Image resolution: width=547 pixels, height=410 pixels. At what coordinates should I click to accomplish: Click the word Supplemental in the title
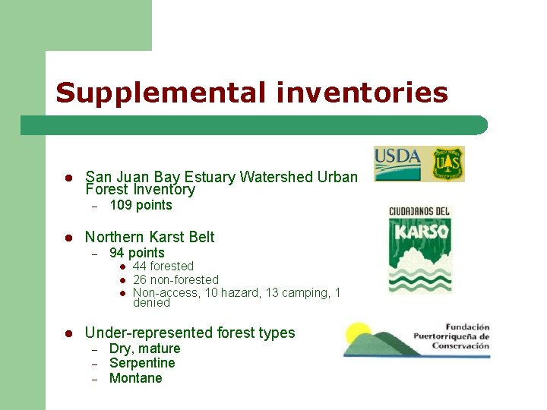coord(159,93)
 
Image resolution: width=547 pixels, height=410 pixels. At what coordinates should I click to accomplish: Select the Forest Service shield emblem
coord(448,164)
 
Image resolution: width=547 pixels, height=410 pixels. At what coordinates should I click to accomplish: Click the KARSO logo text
coord(419,231)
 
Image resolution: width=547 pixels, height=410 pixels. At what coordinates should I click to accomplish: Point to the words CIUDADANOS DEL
coord(419,210)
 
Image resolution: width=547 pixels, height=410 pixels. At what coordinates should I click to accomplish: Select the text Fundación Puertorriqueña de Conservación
coord(451,336)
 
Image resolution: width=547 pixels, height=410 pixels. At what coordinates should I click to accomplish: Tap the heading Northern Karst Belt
coord(150,237)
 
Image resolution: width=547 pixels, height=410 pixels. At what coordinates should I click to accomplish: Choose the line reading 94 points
coord(137,253)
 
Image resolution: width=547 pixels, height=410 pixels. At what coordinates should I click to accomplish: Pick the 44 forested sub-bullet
coord(163,266)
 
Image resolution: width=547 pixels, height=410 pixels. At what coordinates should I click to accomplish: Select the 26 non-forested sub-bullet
coord(175,280)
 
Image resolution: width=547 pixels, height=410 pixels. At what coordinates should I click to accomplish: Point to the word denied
coord(151,303)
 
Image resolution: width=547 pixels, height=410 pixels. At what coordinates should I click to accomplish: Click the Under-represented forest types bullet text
coord(190,333)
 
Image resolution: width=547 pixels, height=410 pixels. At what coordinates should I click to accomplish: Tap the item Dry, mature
coord(144,348)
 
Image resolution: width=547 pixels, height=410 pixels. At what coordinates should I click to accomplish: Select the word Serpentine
coord(142,363)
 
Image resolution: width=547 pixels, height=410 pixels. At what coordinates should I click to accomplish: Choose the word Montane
coord(135,378)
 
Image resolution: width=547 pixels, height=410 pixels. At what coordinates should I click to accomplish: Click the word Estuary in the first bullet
coord(211,177)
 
